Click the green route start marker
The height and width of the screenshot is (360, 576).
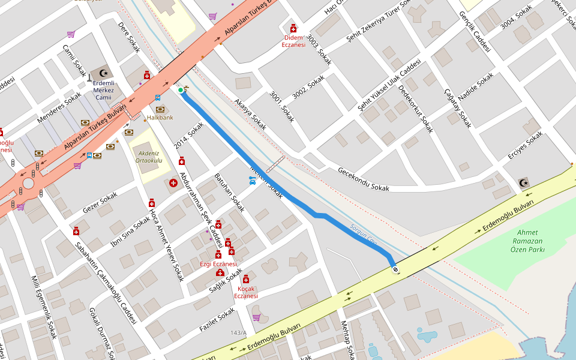click(x=181, y=91)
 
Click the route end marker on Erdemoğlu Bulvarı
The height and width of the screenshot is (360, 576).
click(x=395, y=270)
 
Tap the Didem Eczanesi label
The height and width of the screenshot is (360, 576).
click(x=293, y=41)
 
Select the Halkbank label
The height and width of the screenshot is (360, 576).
click(x=160, y=118)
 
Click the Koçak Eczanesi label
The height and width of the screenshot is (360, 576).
click(x=246, y=292)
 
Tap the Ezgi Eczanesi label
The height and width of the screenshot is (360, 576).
click(x=218, y=264)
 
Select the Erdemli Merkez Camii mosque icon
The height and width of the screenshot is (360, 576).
click(x=103, y=73)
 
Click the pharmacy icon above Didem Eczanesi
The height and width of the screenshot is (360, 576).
click(x=293, y=28)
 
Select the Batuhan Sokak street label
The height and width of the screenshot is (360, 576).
click(x=229, y=193)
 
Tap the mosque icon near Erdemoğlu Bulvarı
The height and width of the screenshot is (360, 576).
click(x=524, y=182)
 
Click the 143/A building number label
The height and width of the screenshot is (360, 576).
click(x=238, y=332)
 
